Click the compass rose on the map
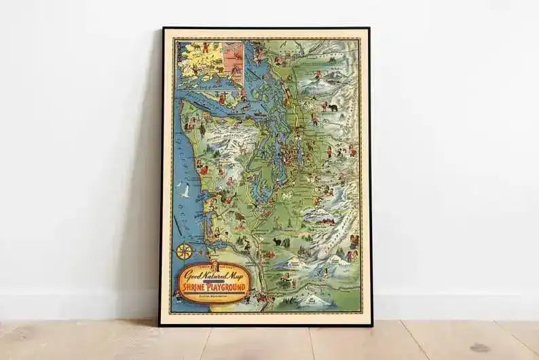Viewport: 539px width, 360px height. click(x=184, y=251)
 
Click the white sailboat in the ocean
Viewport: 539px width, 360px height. click(x=185, y=192)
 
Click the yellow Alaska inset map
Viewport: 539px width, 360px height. click(x=198, y=60)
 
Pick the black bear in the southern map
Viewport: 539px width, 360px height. click(x=278, y=240)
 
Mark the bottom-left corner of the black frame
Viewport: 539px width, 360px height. click(x=162, y=323)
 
